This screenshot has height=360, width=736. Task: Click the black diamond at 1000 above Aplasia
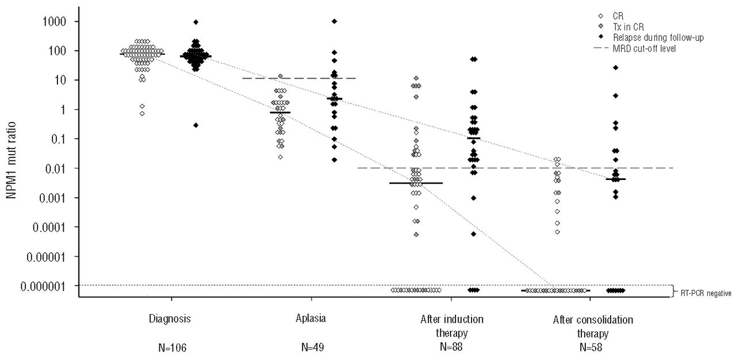point(335,21)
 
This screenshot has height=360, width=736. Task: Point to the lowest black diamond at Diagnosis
point(195,125)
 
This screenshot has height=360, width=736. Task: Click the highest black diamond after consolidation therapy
point(615,68)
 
